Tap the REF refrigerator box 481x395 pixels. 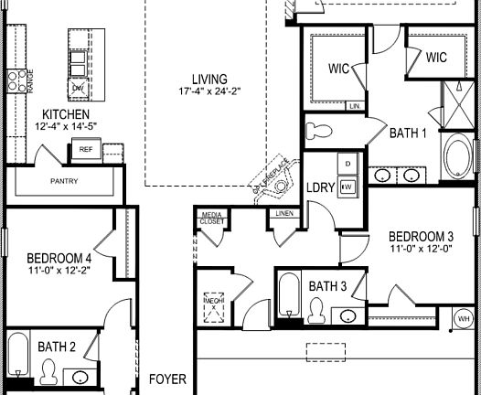pyautogui.click(x=86, y=149)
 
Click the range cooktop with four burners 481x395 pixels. pyautogui.click(x=16, y=81)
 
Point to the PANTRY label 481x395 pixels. pyautogui.click(x=64, y=181)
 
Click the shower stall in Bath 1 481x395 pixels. pyautogui.click(x=454, y=98)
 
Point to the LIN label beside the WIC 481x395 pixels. pyautogui.click(x=353, y=106)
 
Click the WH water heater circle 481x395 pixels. pyautogui.click(x=463, y=318)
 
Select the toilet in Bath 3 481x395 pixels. pyautogui.click(x=317, y=312)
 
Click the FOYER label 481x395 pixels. pyautogui.click(x=168, y=379)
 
